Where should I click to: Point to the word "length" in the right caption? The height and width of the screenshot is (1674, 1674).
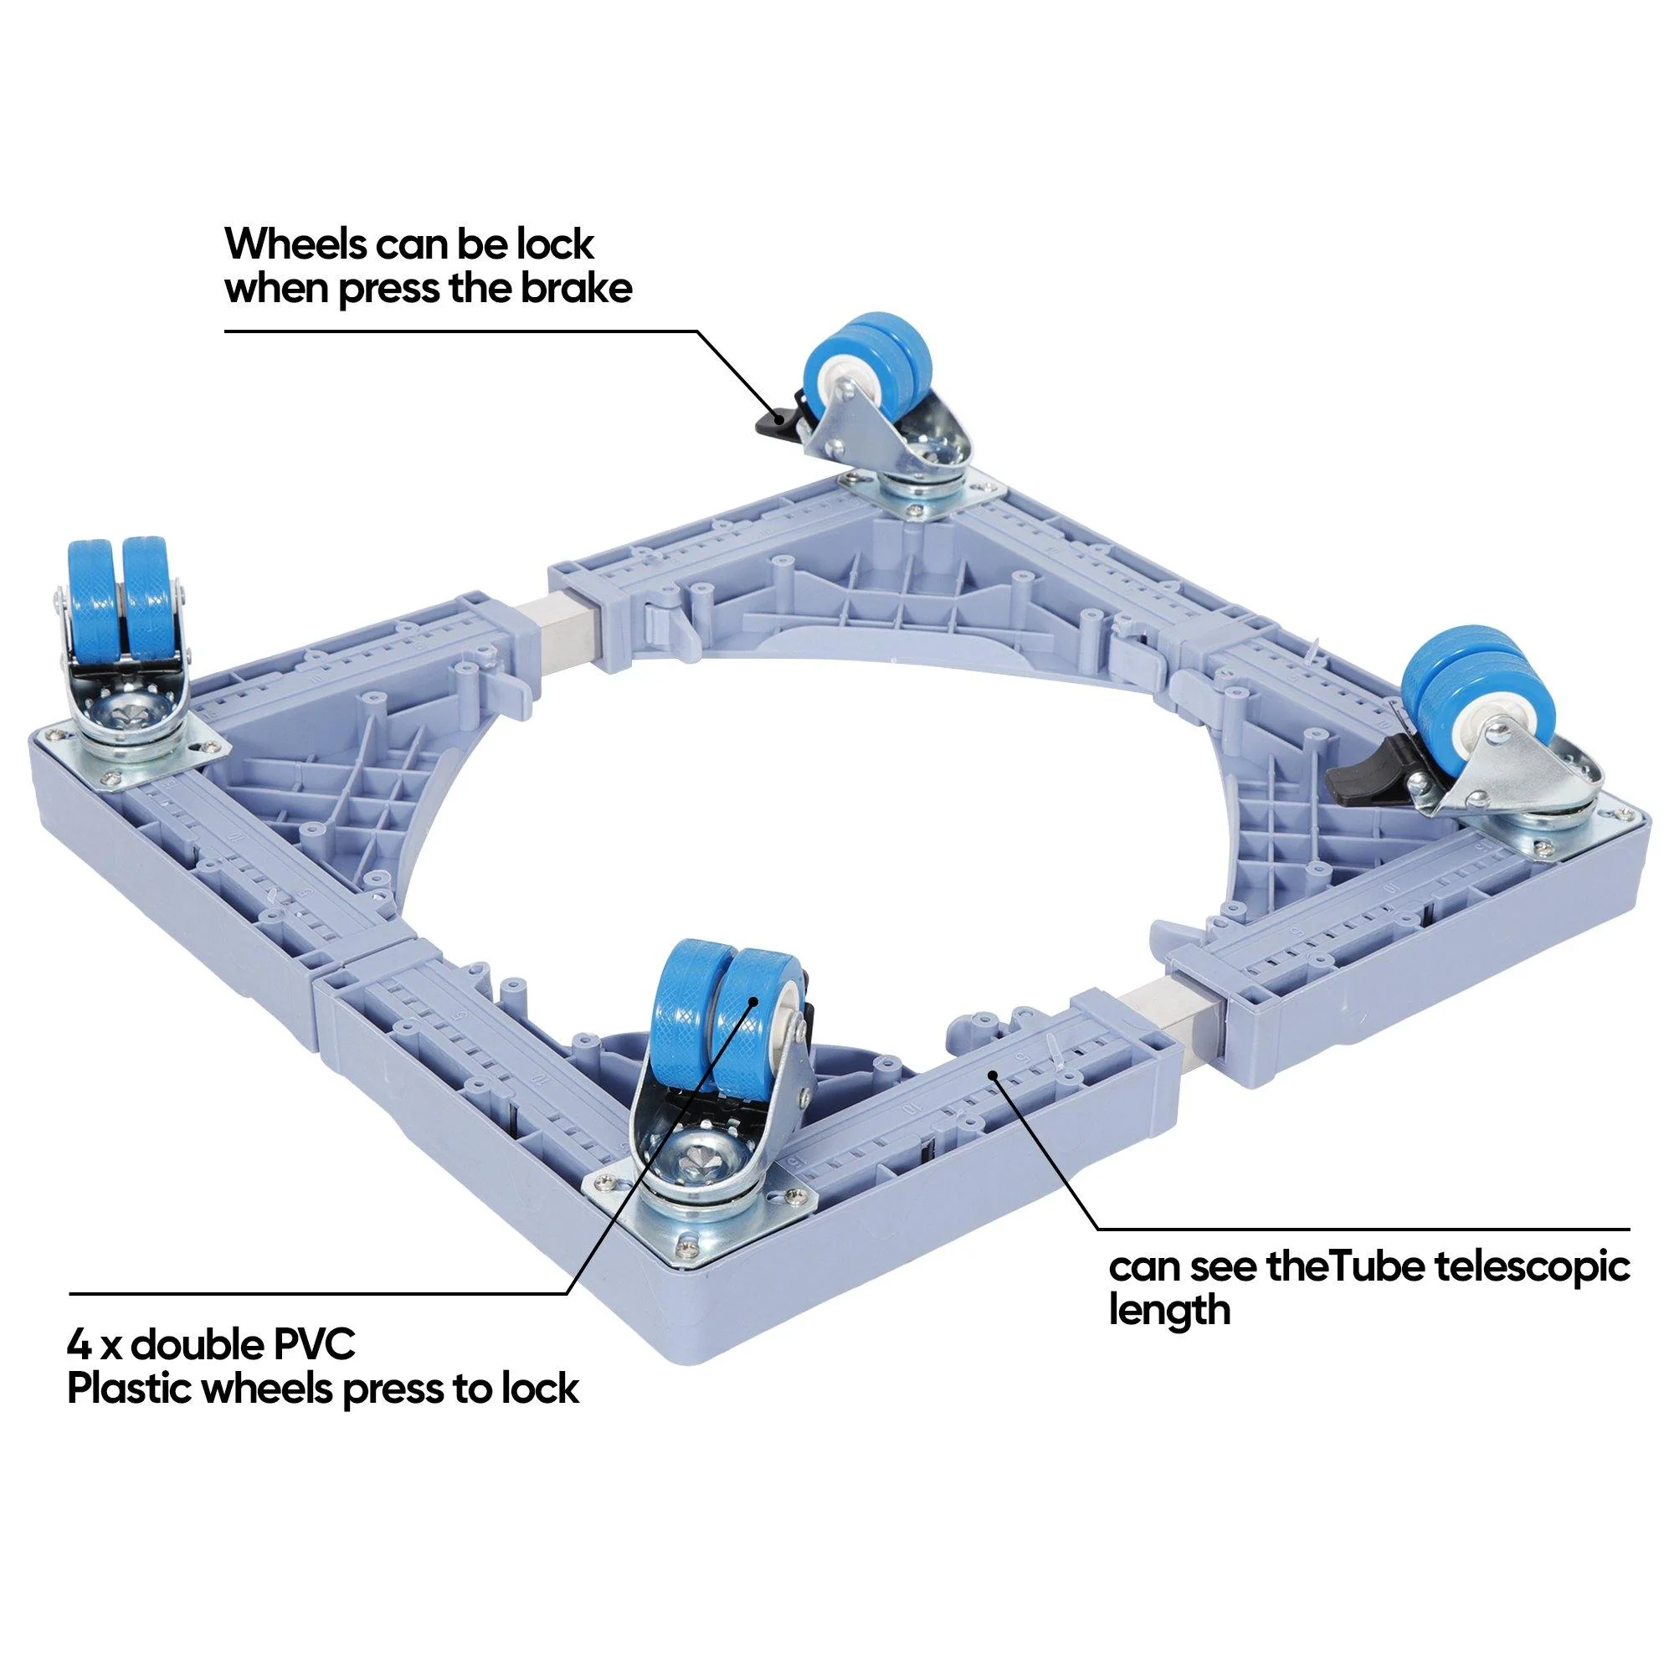point(1170,1311)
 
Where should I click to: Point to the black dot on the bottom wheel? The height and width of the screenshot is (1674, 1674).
point(754,1000)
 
